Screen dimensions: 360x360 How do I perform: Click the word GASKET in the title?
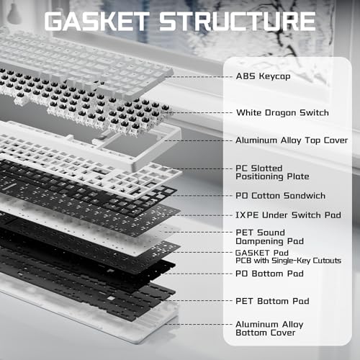point(96,21)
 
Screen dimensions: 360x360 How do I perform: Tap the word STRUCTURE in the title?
point(237,21)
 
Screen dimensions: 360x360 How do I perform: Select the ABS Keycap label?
point(263,76)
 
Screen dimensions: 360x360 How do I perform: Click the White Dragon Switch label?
point(282,112)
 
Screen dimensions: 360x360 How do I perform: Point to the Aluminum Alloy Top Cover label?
point(292,140)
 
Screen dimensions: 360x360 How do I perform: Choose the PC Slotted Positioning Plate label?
point(272,172)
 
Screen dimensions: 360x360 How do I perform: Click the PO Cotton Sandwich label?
point(280,196)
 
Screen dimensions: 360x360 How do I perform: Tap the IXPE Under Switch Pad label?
point(288,215)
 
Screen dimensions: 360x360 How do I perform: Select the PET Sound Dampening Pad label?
point(270,237)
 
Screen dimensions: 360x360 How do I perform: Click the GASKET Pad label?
point(262,253)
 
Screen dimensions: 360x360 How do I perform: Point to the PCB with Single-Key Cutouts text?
point(288,261)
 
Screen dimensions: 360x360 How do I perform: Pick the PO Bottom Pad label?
point(269,274)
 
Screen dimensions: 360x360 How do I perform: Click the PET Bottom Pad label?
point(272,301)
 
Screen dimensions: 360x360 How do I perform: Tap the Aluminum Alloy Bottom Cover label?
point(269,328)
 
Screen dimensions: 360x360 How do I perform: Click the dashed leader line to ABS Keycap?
point(199,77)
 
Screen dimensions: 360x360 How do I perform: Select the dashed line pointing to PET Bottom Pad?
point(199,301)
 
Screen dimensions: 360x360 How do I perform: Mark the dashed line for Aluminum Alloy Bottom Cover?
point(199,324)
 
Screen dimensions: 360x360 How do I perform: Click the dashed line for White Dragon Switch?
point(201,112)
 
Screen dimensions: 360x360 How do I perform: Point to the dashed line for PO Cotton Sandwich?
point(201,196)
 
